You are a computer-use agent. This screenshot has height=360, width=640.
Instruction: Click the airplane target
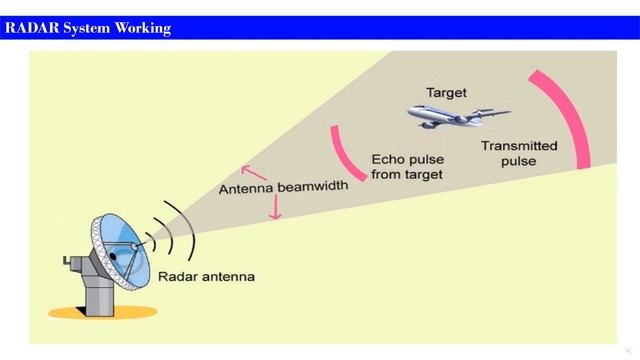click(455, 117)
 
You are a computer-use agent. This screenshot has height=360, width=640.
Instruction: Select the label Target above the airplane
click(446, 92)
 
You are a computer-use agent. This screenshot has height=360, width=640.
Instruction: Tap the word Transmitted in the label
click(519, 145)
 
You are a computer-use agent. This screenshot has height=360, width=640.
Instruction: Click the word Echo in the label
click(388, 159)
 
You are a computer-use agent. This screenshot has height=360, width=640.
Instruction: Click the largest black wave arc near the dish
click(185, 222)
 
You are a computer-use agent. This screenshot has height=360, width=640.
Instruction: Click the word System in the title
click(88, 28)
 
